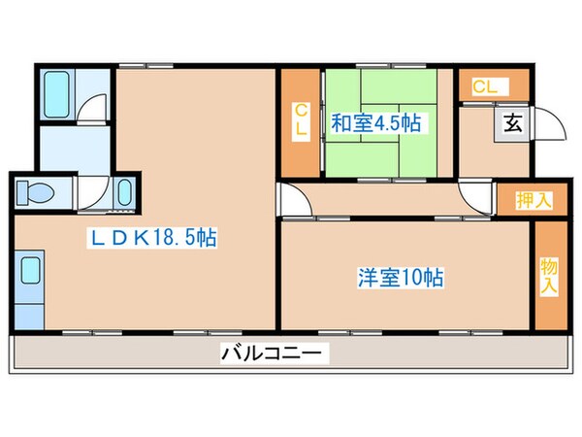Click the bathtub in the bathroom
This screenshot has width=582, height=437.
coord(57,93)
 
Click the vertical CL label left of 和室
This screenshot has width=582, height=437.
coord(301,121)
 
